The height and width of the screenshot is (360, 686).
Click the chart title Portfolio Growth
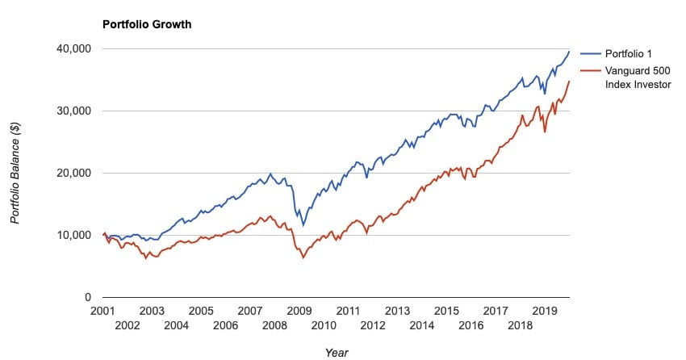pos(146,24)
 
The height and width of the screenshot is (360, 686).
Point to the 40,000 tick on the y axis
pos(74,49)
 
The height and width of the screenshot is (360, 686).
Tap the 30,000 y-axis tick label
pos(74,111)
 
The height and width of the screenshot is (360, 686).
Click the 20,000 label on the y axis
pos(74,174)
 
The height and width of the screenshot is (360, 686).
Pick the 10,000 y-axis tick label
pos(74,236)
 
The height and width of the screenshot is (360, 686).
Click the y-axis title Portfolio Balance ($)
pos(15,173)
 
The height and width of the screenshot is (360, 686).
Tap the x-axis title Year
pos(337,352)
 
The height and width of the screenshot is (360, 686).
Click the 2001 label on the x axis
pos(102,311)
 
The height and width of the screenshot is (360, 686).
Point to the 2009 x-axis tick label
pos(299,311)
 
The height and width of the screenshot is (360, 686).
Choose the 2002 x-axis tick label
pos(127,325)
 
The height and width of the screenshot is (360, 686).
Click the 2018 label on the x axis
pos(520,325)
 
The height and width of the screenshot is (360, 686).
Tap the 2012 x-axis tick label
pos(372,325)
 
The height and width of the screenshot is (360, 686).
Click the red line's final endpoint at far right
pos(569,81)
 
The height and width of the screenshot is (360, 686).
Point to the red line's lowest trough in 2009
pos(303,257)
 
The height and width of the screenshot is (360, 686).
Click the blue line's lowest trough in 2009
pos(303,225)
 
